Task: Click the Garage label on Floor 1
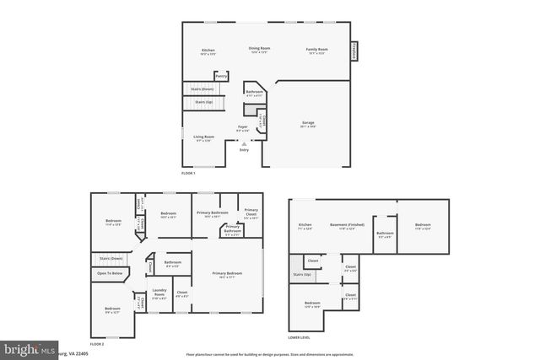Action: coord(309,123)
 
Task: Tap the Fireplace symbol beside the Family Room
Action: coord(354,51)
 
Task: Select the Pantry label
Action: coord(221,76)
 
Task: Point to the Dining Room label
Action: coord(259,50)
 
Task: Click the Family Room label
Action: coord(316,50)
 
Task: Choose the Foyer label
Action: coord(242,127)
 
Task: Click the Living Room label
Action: coord(203,137)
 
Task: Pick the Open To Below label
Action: coord(111,273)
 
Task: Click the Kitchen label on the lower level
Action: coord(305,226)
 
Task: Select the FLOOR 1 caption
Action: coord(188,172)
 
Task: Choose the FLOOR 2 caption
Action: coord(97,344)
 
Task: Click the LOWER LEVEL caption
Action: coord(300,336)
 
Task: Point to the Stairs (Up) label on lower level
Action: coord(302,275)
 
